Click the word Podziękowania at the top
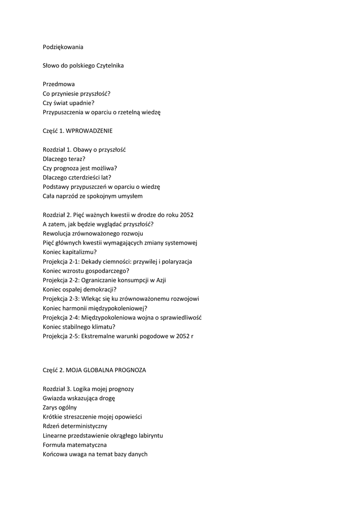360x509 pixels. coord(63,47)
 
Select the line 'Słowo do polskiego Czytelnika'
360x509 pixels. coord(83,66)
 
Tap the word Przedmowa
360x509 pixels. coord(59,85)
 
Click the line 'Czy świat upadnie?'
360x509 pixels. coord(69,103)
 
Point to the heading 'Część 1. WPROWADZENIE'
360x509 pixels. coord(78,131)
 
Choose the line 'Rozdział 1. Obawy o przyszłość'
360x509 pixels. coord(84,150)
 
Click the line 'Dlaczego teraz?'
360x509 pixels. coord(64,159)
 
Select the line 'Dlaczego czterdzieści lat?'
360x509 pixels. coord(77,177)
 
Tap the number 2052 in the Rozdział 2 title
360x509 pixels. coord(185,215)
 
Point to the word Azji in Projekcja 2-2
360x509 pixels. coord(160,280)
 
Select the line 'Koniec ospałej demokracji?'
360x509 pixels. coord(80,289)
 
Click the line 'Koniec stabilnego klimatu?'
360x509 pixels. coord(79,327)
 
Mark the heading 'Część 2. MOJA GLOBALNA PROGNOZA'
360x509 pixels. coord(94,370)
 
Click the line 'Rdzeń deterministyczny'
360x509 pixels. coord(75,426)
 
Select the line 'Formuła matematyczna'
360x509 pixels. coord(75,445)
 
